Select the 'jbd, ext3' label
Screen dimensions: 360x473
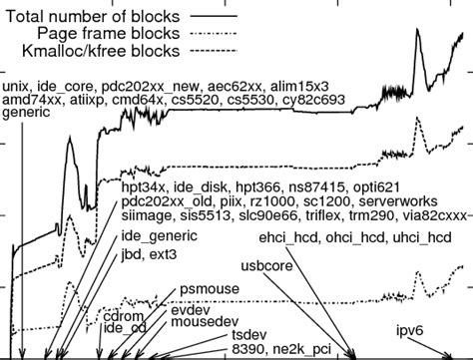click(x=146, y=257)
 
